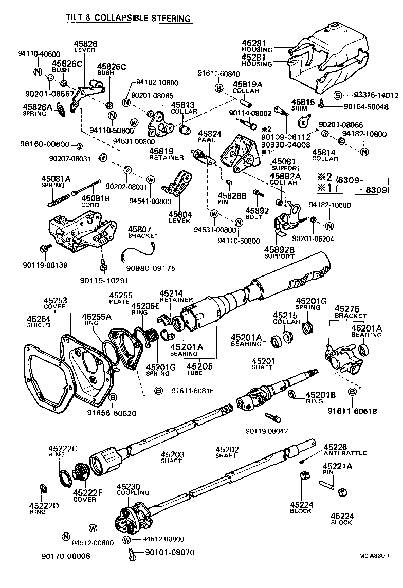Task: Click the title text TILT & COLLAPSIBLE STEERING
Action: click(128, 19)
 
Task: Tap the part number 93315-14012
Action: click(372, 95)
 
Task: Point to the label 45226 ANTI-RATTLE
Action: click(345, 450)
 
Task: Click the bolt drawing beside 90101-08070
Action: click(132, 554)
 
